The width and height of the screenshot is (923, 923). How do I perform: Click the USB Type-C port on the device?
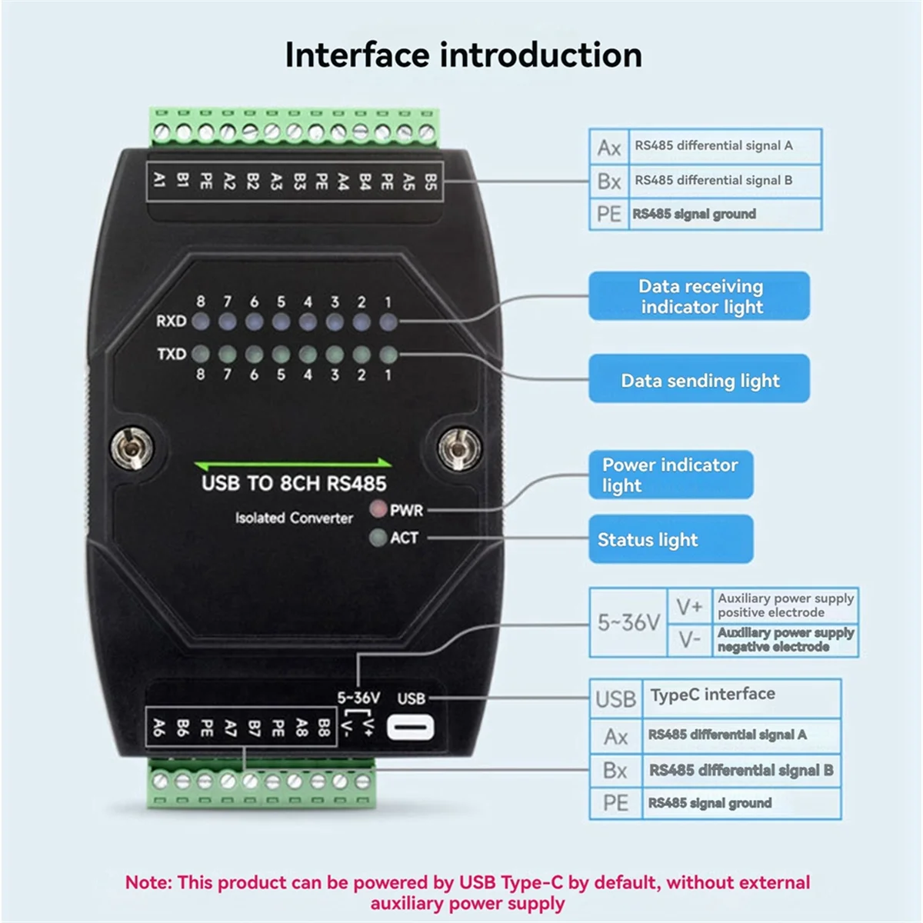click(x=411, y=728)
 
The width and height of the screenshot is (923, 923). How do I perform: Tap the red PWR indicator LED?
click(x=378, y=509)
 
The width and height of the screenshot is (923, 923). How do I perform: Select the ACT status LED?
click(x=378, y=538)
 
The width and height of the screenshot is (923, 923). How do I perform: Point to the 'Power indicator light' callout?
click(x=670, y=475)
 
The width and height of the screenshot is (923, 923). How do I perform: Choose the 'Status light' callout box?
click(x=670, y=539)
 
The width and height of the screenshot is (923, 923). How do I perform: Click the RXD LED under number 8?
click(x=201, y=321)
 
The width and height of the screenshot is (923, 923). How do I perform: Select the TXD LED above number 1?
click(x=388, y=355)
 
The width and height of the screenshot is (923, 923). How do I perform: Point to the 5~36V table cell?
click(x=628, y=622)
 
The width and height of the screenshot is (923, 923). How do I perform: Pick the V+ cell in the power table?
click(x=689, y=607)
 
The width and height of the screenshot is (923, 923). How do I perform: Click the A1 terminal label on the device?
click(x=159, y=181)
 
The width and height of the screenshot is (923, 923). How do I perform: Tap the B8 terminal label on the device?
click(x=324, y=727)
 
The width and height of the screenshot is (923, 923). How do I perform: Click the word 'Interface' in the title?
click(x=356, y=55)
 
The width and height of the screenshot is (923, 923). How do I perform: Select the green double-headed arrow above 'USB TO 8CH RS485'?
click(x=293, y=464)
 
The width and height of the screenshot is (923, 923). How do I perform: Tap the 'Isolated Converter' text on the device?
click(x=294, y=518)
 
